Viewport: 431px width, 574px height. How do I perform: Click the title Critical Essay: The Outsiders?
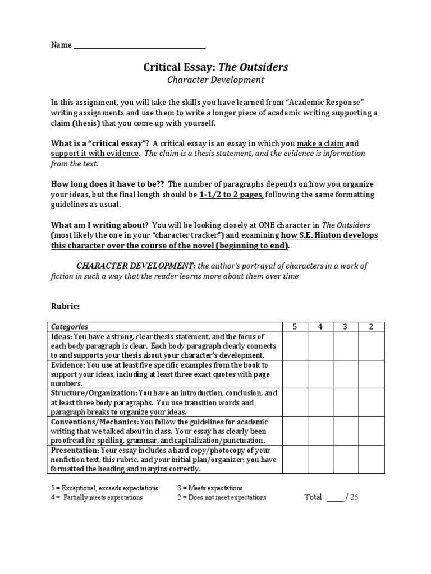[x=216, y=67]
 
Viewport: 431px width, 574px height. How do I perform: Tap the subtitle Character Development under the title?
[x=216, y=80]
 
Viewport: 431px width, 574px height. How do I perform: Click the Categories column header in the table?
[x=70, y=327]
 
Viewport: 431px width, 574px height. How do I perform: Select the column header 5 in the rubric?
[x=294, y=327]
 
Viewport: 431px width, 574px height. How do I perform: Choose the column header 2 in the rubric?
[x=372, y=327]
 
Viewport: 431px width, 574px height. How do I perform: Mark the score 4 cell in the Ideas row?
[x=320, y=346]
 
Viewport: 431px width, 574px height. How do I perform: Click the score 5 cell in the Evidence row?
[x=294, y=374]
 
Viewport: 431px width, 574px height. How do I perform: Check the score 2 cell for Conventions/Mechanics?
[x=372, y=432]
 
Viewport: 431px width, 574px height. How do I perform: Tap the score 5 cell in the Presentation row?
[x=294, y=460]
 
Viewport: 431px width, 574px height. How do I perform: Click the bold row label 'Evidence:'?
[x=67, y=365]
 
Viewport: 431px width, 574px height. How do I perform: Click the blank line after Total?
[x=334, y=498]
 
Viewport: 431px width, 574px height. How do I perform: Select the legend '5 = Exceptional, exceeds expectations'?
[x=104, y=488]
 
